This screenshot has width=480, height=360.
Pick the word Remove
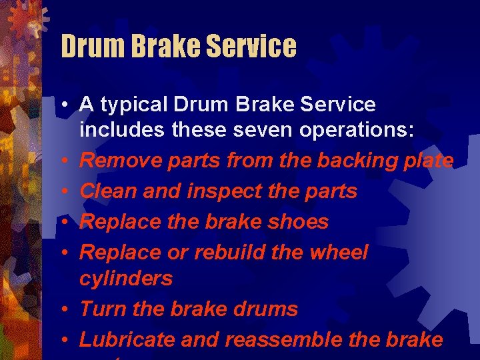(114, 161)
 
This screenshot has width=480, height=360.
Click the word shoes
(298, 222)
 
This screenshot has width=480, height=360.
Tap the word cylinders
(125, 279)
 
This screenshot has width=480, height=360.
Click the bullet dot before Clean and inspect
(66, 192)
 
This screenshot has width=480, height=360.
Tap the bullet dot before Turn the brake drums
(66, 309)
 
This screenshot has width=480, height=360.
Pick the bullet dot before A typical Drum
(66, 105)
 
